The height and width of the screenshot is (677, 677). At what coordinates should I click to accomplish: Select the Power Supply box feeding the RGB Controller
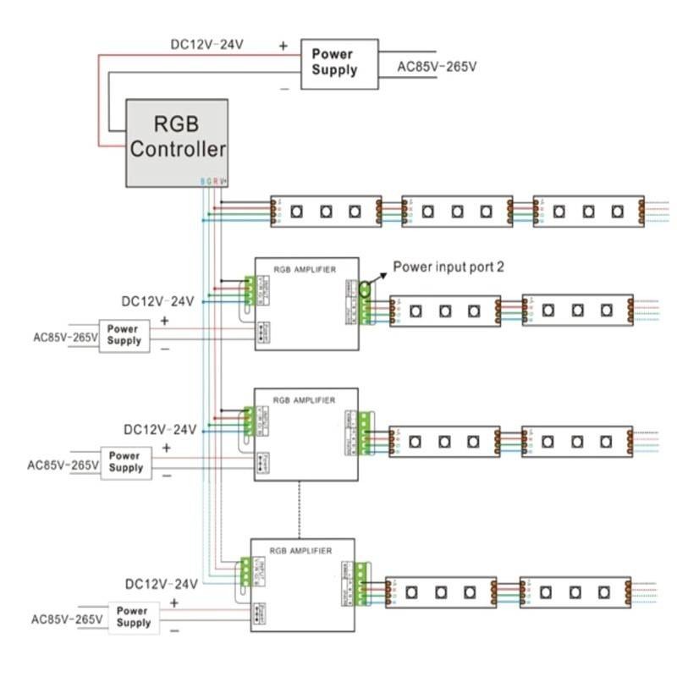[x=333, y=63]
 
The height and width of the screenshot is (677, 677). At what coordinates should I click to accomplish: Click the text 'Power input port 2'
[x=449, y=267]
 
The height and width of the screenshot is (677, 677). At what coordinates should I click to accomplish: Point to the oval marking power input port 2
[x=365, y=289]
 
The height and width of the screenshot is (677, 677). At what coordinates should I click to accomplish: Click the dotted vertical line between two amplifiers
[x=299, y=508]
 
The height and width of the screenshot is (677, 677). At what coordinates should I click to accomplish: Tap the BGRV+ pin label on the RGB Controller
[x=214, y=181]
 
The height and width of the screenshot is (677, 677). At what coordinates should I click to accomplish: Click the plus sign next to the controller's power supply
[x=283, y=44]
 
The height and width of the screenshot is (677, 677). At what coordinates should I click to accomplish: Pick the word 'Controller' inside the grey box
[x=178, y=150]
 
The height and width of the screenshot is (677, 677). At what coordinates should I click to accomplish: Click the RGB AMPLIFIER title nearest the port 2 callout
[x=305, y=269]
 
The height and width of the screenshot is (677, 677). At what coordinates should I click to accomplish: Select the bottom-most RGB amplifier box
[x=302, y=585]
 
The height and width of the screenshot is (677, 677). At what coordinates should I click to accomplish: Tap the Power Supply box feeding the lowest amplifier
[x=133, y=616]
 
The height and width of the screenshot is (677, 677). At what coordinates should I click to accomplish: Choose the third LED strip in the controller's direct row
[x=588, y=211]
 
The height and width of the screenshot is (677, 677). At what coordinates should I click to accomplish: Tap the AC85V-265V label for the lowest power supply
[x=67, y=619]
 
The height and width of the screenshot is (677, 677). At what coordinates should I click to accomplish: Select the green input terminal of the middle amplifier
[x=250, y=421]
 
